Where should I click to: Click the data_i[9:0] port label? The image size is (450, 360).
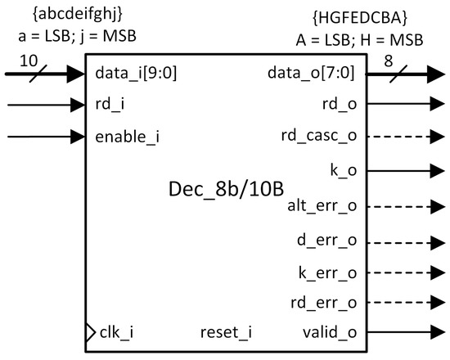click(136, 73)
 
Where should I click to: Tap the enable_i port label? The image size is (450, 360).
click(127, 137)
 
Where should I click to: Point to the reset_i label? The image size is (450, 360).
click(227, 332)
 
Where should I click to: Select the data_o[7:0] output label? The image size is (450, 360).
click(312, 73)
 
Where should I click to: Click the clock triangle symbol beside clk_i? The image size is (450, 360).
click(90, 332)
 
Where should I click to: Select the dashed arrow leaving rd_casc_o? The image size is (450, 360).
click(401, 136)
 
